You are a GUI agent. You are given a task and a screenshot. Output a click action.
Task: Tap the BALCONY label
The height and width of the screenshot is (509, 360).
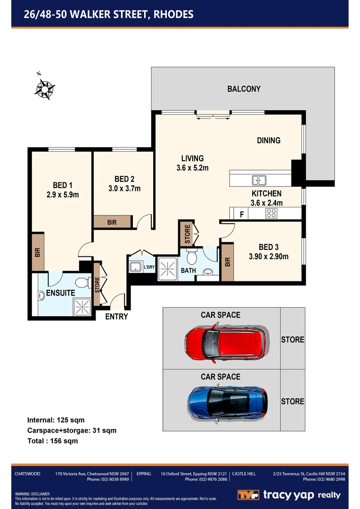point(244,89)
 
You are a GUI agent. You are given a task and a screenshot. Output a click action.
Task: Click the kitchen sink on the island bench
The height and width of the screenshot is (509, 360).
point(258,180)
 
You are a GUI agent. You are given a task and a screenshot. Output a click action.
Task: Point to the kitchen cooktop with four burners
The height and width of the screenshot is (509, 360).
point(272,213)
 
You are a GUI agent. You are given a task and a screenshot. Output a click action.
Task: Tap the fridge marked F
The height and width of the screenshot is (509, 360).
point(242,214)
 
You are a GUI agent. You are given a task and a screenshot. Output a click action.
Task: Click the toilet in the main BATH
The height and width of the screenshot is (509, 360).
point(192,257)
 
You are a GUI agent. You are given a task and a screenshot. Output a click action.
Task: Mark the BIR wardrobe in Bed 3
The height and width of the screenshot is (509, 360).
point(228,262)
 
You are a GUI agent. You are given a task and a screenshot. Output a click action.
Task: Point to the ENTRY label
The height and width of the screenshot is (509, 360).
point(116,317)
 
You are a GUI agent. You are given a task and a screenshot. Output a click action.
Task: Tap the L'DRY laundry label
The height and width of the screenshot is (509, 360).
point(149,267)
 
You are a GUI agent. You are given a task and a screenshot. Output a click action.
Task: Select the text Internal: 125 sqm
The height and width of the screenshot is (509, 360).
point(56,419)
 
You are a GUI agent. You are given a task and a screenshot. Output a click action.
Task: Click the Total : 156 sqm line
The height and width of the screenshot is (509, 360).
point(52,441)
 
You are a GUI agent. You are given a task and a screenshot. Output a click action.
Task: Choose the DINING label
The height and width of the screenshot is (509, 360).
point(269,140)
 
